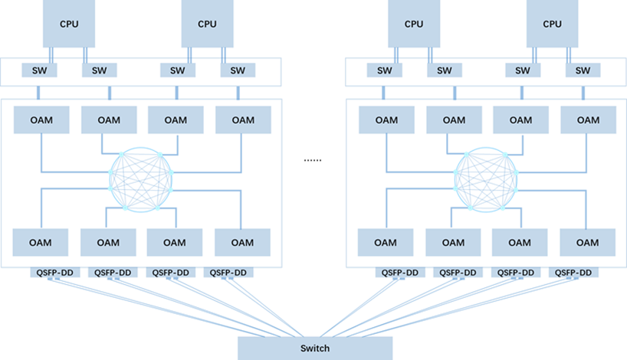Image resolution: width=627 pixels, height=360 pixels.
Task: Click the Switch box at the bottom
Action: click(x=314, y=348)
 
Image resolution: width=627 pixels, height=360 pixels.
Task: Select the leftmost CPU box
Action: click(x=69, y=24)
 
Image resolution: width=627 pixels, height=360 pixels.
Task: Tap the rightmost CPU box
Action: click(x=552, y=24)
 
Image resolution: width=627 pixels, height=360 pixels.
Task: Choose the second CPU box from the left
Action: click(x=207, y=24)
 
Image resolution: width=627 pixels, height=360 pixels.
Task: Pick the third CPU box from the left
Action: click(x=414, y=24)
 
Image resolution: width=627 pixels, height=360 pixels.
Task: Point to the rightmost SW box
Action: click(x=583, y=70)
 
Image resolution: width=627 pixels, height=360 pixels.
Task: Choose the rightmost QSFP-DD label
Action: click(x=573, y=273)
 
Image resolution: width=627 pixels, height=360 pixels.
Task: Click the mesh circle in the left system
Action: click(x=141, y=180)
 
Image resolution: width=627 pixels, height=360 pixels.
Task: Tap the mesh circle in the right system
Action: click(x=486, y=180)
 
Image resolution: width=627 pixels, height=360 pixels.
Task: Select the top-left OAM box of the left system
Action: click(x=41, y=119)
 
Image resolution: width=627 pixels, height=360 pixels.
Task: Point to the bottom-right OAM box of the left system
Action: click(x=242, y=242)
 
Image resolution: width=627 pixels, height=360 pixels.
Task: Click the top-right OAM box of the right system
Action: click(x=588, y=119)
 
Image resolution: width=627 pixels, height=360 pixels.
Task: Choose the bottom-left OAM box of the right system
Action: click(x=386, y=242)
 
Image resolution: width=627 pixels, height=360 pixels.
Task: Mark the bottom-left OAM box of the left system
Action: click(x=41, y=242)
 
